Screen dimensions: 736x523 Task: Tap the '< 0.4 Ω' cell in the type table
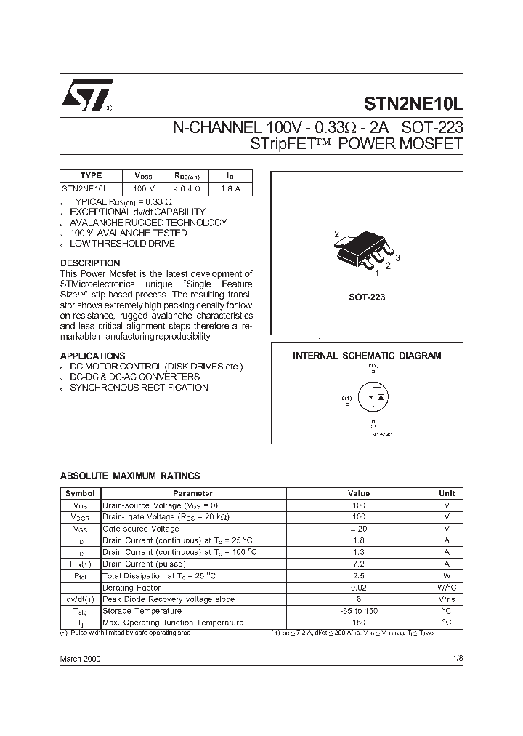tap(187, 188)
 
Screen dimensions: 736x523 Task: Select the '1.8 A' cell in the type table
tap(231, 188)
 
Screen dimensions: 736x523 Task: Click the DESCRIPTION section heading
tap(90, 263)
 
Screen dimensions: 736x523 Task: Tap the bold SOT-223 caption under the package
tap(367, 297)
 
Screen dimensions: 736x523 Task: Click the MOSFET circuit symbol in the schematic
tap(372, 396)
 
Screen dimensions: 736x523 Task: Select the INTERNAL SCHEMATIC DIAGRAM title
tap(367, 356)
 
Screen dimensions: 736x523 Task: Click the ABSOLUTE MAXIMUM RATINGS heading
tap(129, 476)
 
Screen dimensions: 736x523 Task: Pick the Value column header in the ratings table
tap(358, 493)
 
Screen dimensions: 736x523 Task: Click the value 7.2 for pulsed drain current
tap(358, 564)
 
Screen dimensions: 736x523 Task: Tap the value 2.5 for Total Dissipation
tap(358, 575)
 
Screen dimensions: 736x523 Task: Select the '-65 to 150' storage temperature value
tap(358, 611)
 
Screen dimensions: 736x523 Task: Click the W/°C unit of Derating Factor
tap(446, 587)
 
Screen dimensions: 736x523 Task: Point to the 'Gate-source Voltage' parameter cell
tap(141, 529)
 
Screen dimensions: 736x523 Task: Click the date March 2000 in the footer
tap(80, 657)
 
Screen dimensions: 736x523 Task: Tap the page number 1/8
tap(456, 657)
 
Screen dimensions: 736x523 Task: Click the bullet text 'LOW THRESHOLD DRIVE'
tap(122, 244)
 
